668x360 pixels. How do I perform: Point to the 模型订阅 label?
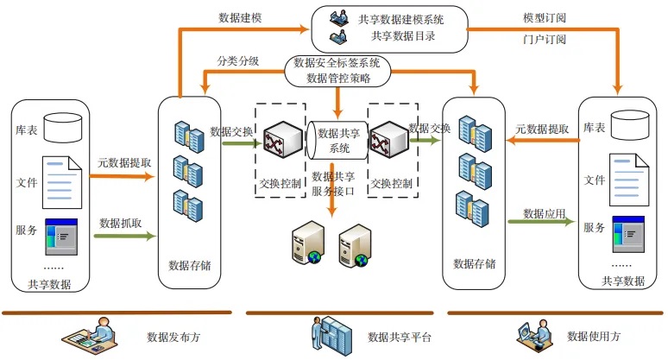point(545,16)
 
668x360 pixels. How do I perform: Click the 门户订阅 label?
point(545,39)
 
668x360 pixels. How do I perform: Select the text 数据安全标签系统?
point(337,63)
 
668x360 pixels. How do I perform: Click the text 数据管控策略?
point(338,78)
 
